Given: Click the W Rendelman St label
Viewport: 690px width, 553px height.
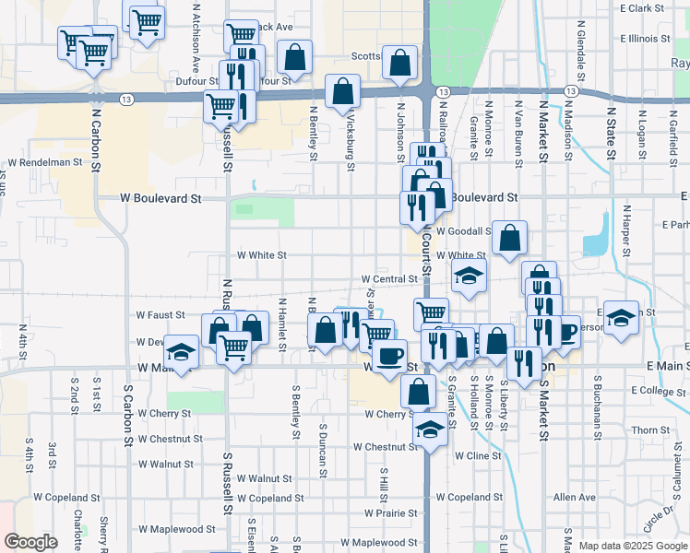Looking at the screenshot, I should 52,162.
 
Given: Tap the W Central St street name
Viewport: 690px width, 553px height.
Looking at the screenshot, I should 389,278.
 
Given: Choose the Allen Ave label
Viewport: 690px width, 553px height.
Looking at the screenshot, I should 575,497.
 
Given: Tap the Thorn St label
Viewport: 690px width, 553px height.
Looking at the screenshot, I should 650,430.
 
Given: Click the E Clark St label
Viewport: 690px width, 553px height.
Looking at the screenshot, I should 642,8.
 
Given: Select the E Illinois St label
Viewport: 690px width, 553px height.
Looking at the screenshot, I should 645,39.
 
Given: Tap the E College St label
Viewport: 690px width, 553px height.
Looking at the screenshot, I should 659,391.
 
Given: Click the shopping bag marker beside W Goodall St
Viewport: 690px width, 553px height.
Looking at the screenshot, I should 510,238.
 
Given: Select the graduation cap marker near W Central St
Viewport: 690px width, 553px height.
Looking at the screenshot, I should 469,276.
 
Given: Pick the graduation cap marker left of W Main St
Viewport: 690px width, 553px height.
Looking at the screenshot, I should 181,352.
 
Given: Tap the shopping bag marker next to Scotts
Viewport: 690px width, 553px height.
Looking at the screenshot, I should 399,64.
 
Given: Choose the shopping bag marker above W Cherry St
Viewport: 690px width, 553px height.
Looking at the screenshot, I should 418,391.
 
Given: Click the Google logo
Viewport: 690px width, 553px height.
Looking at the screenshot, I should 30,542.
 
